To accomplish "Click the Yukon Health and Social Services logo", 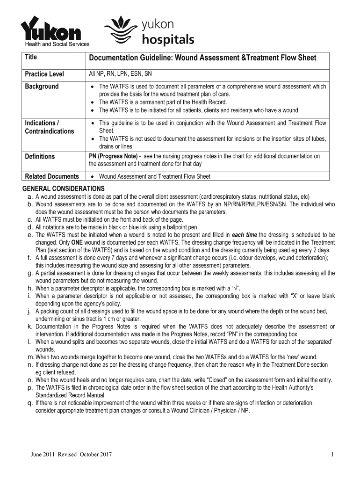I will (50, 32).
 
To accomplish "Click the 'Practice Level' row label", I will (44, 74).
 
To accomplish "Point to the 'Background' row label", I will (42, 87).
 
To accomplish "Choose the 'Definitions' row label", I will (40, 157).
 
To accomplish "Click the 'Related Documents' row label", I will (51, 176).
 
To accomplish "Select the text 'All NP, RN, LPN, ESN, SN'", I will (120, 74).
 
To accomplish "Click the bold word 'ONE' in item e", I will (77, 243).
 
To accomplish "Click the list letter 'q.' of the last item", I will (29, 403).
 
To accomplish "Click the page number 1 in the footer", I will (331, 455).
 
